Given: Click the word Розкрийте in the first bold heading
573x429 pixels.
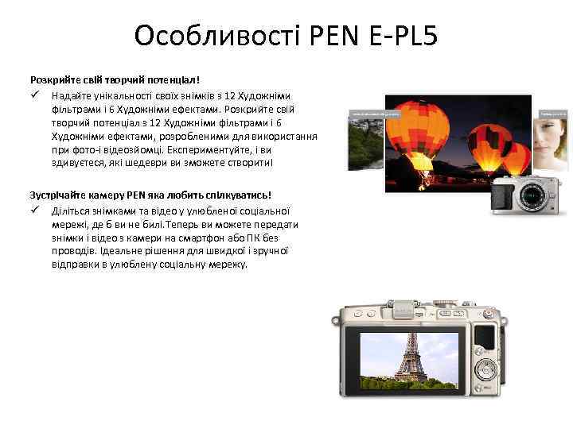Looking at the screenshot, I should tap(53, 80).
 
